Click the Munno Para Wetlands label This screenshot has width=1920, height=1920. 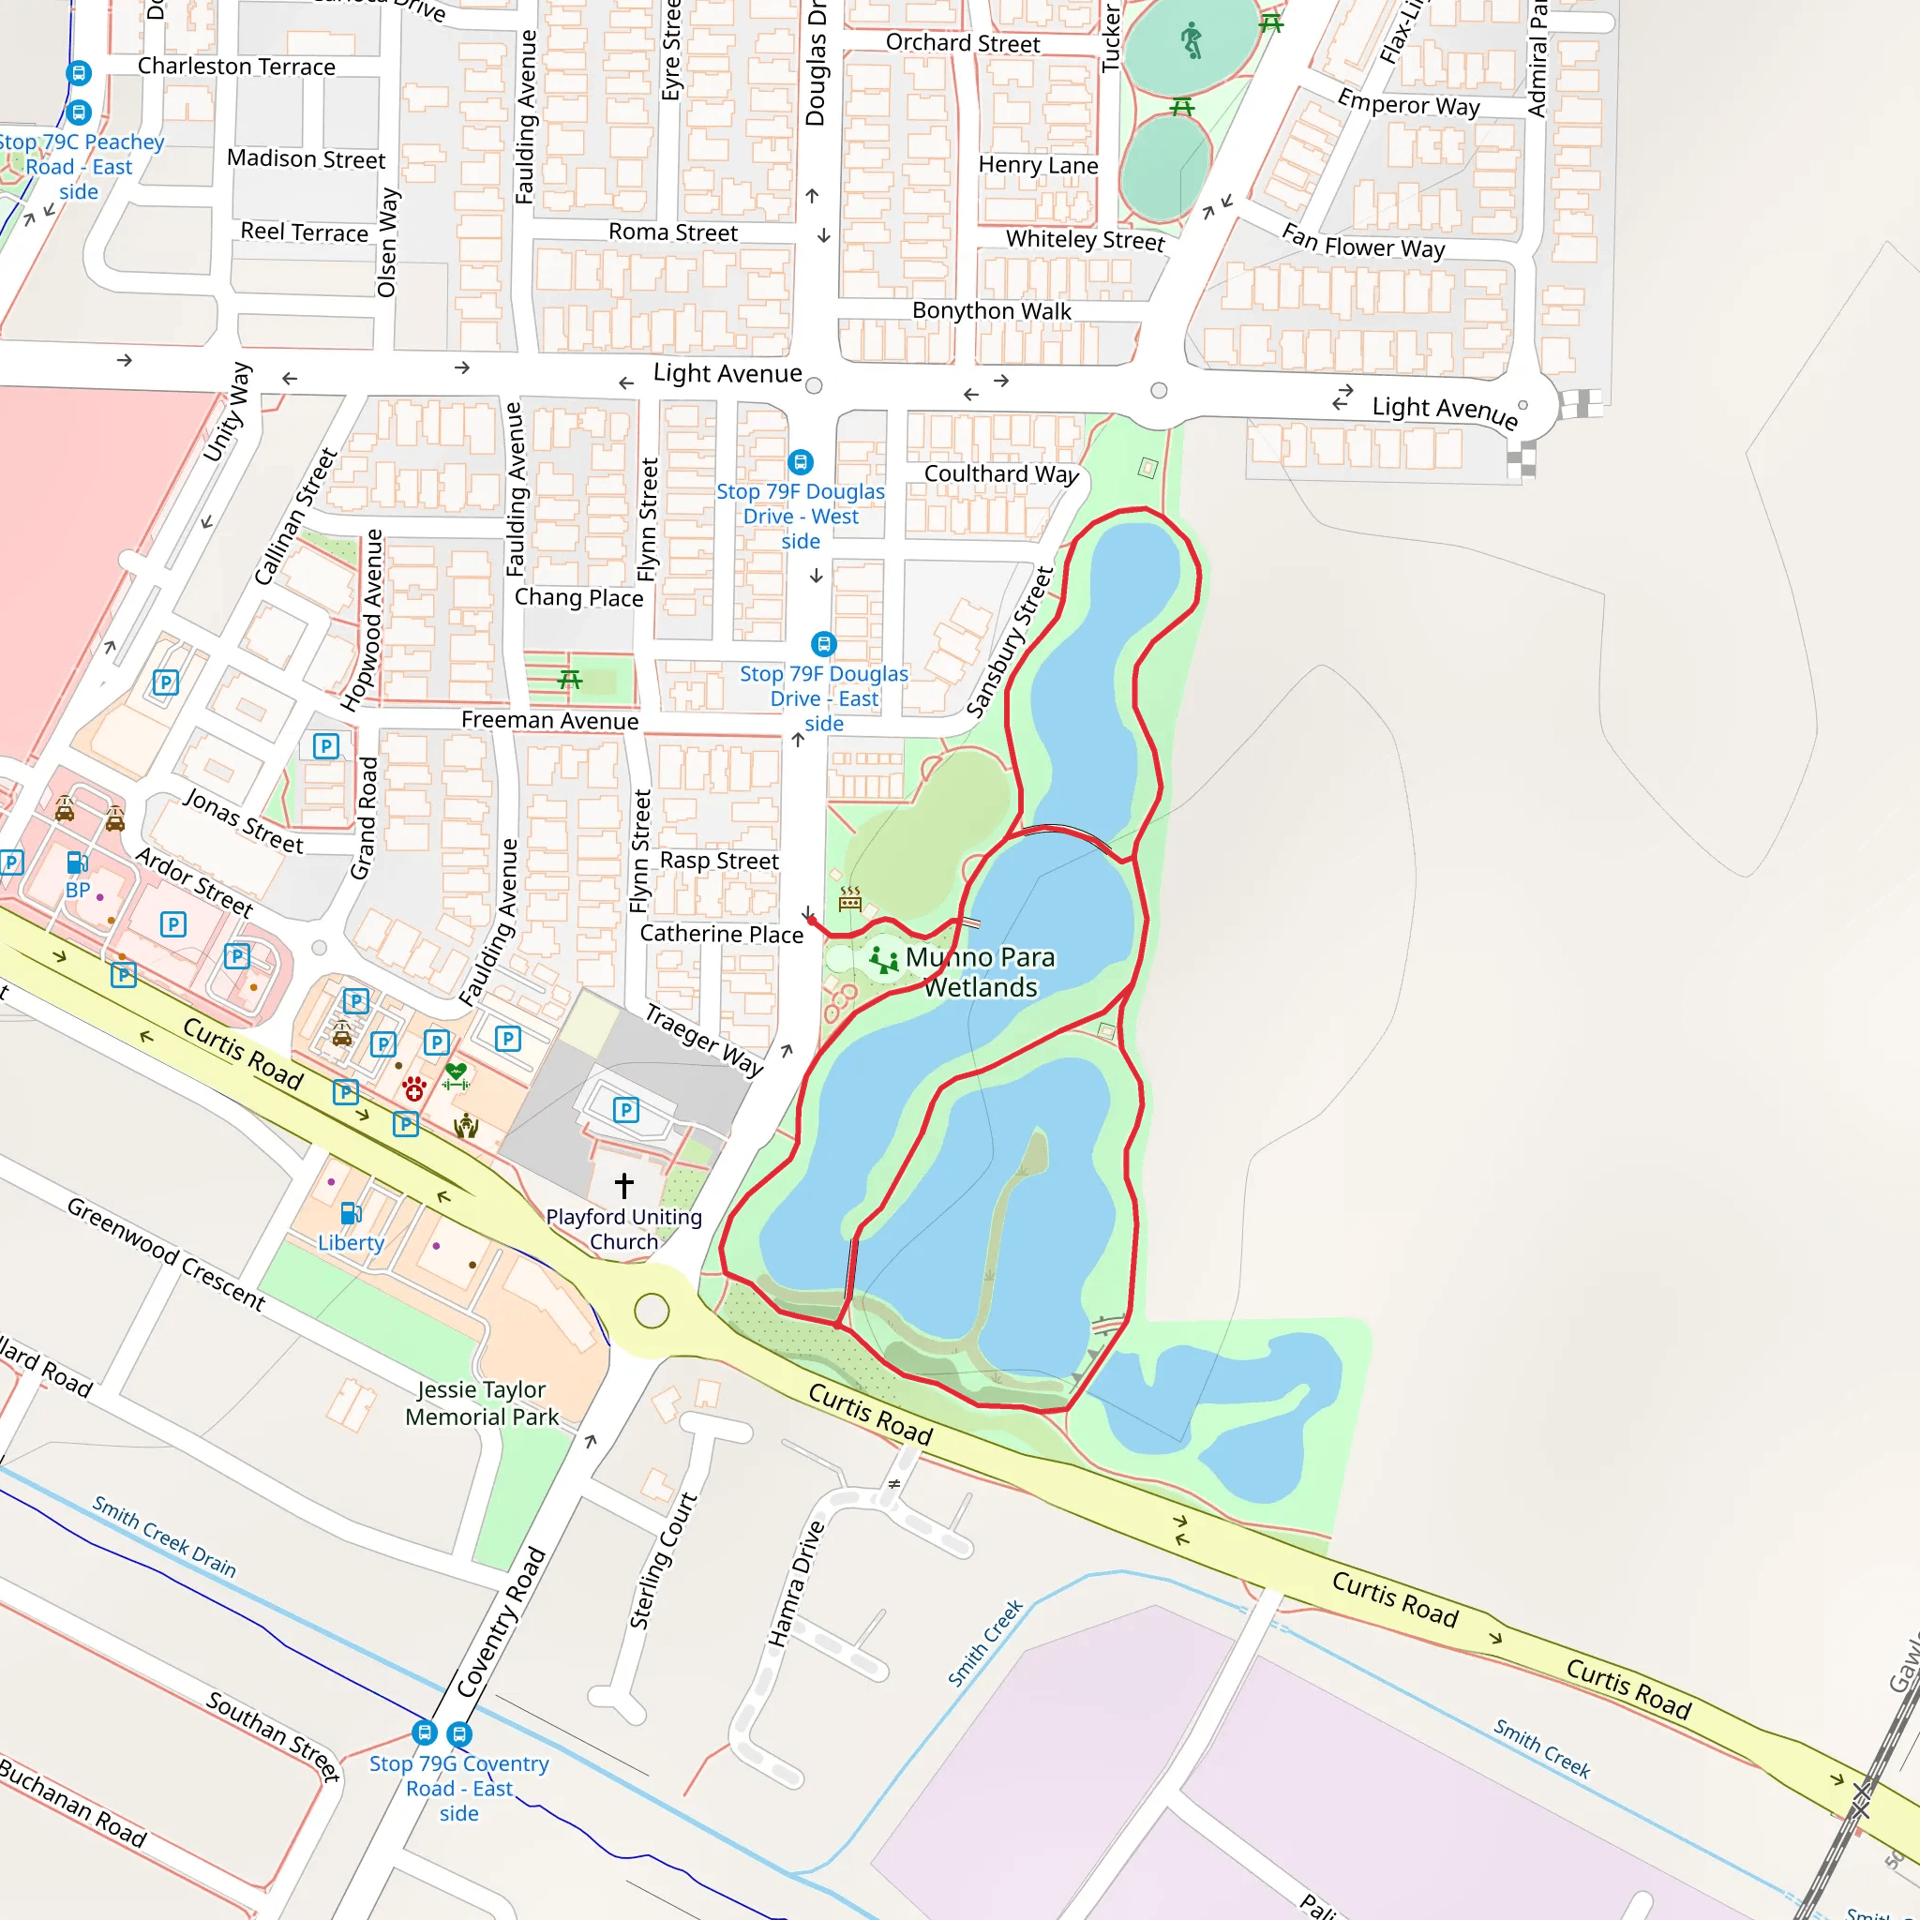click(980, 972)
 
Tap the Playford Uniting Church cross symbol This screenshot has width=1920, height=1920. click(624, 1185)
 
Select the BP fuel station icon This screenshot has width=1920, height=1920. click(77, 862)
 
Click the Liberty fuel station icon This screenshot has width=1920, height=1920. click(351, 1213)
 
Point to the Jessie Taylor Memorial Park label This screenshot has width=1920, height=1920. click(482, 1403)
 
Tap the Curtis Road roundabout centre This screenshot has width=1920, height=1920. click(651, 1311)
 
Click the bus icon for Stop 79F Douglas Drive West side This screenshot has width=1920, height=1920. click(800, 462)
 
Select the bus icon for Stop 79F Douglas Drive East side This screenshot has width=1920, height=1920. click(824, 644)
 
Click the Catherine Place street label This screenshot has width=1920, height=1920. click(722, 934)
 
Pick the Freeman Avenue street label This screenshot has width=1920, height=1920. click(549, 721)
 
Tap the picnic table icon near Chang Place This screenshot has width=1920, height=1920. click(569, 680)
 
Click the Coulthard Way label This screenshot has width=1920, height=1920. click(1000, 474)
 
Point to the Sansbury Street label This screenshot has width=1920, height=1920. click(1010, 642)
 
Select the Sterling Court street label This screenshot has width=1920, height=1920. click(663, 1561)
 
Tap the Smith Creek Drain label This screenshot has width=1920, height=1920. click(164, 1537)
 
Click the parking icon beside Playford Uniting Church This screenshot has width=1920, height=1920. click(626, 1110)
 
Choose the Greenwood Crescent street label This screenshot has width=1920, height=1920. click(166, 1254)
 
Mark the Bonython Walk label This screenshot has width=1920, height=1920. click(991, 311)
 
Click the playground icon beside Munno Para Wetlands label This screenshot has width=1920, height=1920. click(882, 960)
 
